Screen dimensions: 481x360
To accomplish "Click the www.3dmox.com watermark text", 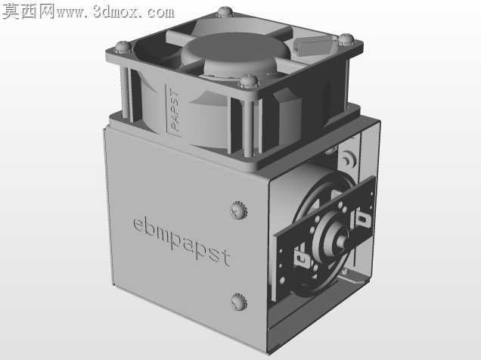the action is click(x=116, y=12).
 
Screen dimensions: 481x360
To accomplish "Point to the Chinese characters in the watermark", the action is click(x=28, y=11).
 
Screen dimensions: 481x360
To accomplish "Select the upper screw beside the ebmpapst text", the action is click(x=238, y=209).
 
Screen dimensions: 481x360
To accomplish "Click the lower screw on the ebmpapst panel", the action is click(x=239, y=302).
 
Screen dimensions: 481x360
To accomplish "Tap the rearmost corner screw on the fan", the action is click(x=225, y=11).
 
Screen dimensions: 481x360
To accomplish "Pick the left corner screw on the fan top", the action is click(x=123, y=47).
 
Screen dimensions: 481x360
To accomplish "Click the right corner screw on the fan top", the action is click(x=346, y=39).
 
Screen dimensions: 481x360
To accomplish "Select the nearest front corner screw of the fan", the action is click(x=249, y=82).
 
